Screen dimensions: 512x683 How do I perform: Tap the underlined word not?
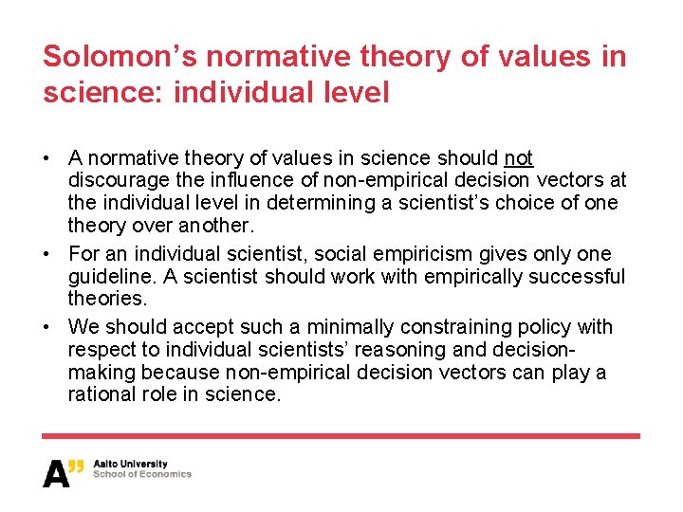[519, 157]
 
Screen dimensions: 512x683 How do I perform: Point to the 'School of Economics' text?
[142, 475]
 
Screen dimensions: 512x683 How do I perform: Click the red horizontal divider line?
[341, 436]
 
